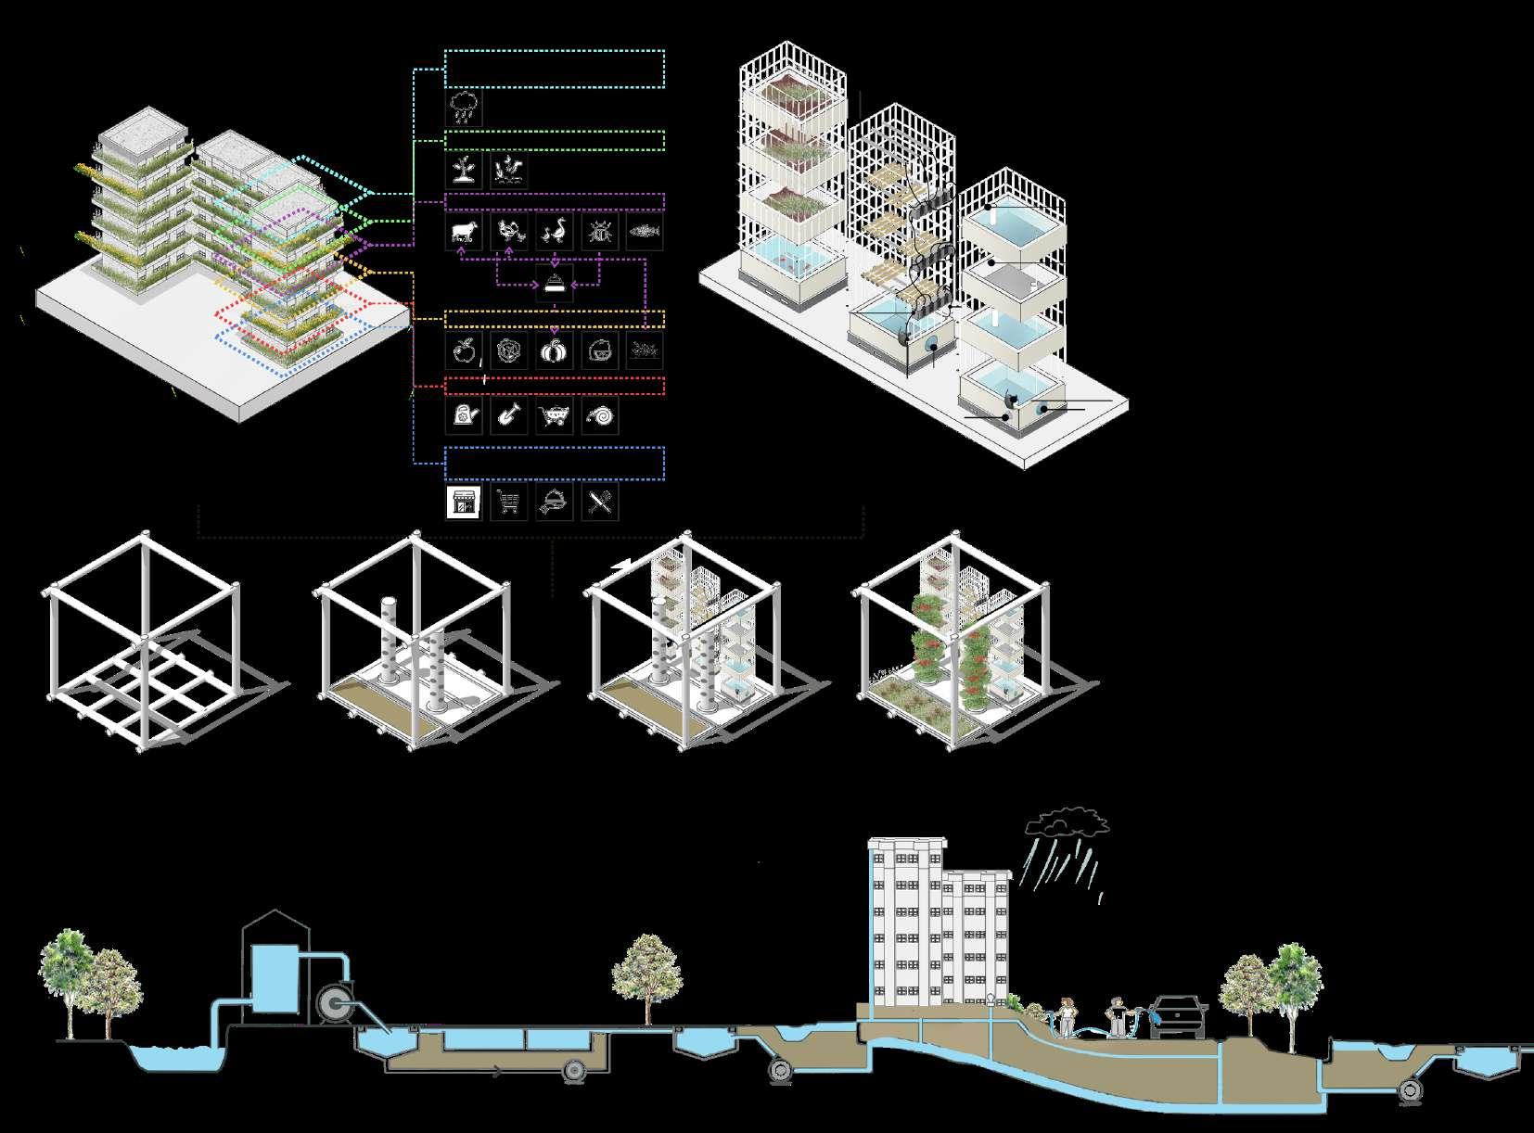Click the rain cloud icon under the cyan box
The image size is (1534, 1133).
464,108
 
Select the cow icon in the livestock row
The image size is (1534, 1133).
464,232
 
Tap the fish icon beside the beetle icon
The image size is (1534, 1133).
645,232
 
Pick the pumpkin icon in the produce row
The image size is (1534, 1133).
555,352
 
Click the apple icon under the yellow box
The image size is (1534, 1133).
464,352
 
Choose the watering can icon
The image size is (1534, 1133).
464,416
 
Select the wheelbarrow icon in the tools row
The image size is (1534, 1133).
555,416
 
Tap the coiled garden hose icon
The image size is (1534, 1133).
600,416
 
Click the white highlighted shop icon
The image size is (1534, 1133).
464,503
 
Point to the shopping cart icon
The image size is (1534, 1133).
509,503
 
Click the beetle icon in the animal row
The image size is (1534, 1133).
600,232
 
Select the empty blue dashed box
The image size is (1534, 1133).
555,464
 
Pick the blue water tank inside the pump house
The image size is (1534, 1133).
275,979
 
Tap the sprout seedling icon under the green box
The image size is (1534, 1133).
464,170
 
